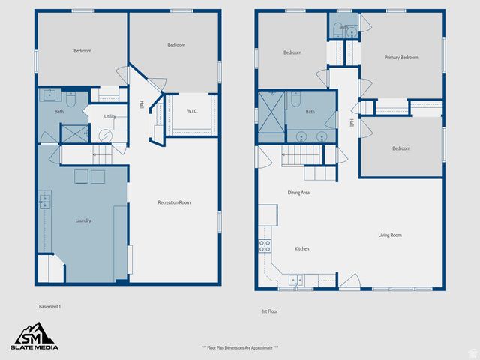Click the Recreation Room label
pyautogui.click(x=174, y=202)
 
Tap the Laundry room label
pyautogui.click(x=83, y=220)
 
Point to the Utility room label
pyautogui.click(x=109, y=116)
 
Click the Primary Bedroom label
pyautogui.click(x=401, y=58)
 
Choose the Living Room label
pyautogui.click(x=390, y=235)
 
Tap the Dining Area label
pyautogui.click(x=299, y=193)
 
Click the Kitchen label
pyautogui.click(x=301, y=248)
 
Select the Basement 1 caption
pyautogui.click(x=50, y=306)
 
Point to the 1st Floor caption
pyautogui.click(x=270, y=310)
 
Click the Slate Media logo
pyautogui.click(x=34, y=335)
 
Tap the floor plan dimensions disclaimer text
pyautogui.click(x=240, y=347)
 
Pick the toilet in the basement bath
pyautogui.click(x=72, y=97)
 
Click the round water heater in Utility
pyautogui.click(x=105, y=136)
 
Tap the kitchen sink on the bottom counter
pyautogui.click(x=296, y=280)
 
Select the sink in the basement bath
pyautogui.click(x=49, y=95)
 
